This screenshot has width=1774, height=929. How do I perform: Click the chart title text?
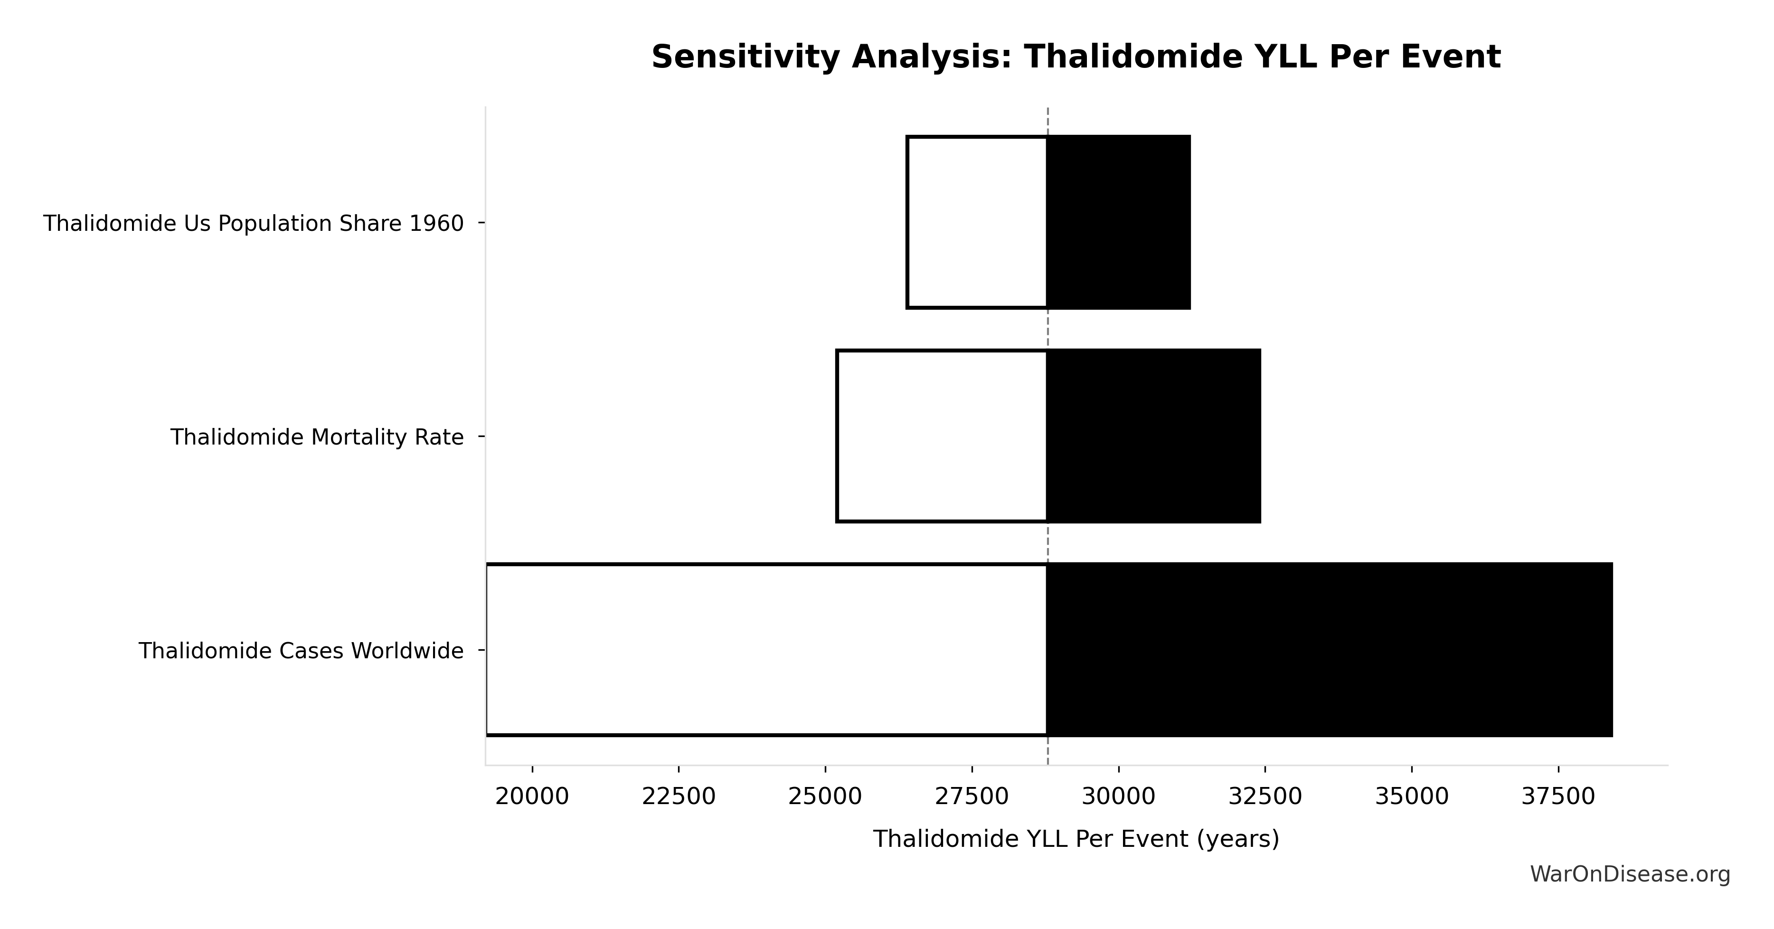[1076, 57]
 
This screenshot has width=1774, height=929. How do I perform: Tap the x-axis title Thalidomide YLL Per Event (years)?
[1076, 839]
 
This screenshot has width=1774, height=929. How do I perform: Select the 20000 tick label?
[532, 797]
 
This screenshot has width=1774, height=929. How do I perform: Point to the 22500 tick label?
[679, 797]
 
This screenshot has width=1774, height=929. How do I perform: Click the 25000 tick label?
[825, 797]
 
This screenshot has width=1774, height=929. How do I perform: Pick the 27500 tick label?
[972, 797]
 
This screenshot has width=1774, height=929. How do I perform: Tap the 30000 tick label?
[1118, 797]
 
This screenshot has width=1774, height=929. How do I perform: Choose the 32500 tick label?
[1265, 797]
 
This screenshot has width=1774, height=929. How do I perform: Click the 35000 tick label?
[1412, 797]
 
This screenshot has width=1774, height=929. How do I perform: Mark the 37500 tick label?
[1558, 797]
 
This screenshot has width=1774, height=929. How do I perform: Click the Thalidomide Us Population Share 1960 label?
[254, 224]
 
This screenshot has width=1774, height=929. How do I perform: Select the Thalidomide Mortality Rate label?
[317, 437]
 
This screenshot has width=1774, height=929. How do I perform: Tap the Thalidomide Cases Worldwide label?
[301, 651]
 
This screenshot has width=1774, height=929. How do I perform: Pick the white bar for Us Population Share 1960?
[977, 222]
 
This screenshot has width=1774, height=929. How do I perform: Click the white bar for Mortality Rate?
[942, 436]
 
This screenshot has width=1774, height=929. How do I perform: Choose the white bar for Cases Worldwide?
[766, 649]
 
